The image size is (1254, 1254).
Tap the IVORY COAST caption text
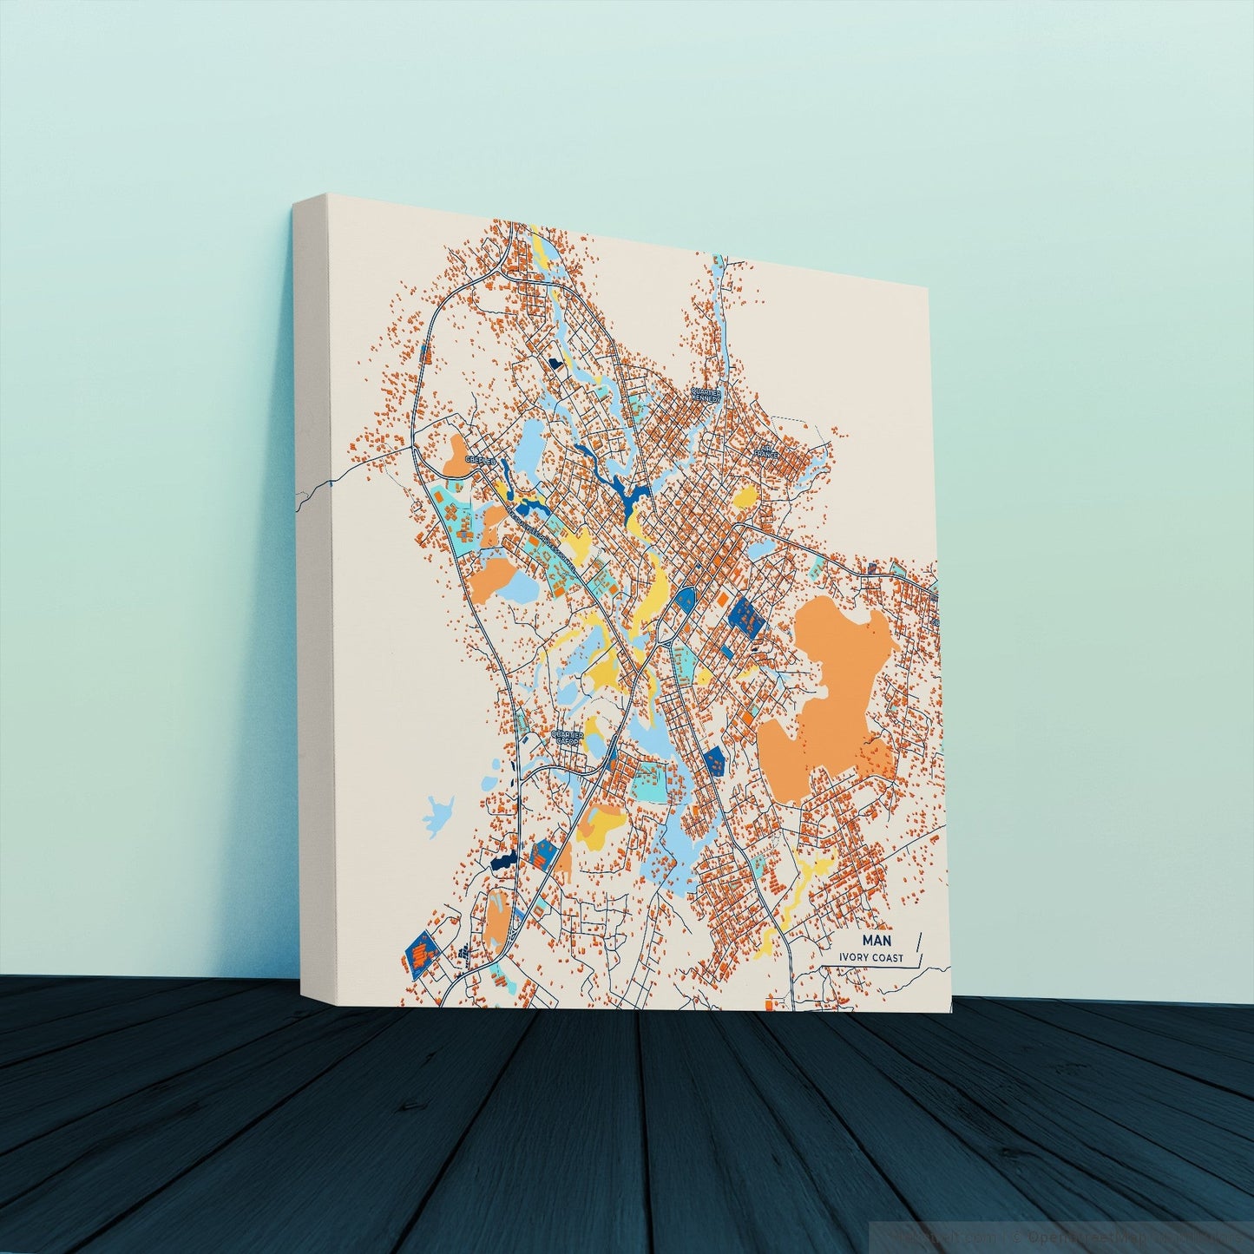(870, 958)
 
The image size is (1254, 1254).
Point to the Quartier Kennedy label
(706, 396)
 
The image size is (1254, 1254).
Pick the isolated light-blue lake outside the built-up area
(441, 812)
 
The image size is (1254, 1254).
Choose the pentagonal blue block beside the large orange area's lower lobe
(714, 760)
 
